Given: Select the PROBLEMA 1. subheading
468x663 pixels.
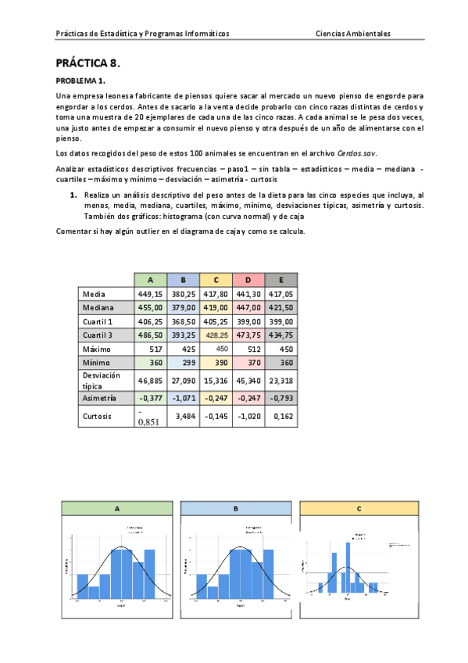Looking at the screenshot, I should tap(80, 81).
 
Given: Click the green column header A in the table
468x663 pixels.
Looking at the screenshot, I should tap(150, 279).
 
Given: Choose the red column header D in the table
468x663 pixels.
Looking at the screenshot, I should tap(247, 279).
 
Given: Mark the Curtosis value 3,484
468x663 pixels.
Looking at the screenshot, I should tap(184, 417).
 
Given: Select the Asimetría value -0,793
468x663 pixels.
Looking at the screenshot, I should tap(280, 398).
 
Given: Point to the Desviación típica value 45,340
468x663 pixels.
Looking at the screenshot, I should tap(247, 381).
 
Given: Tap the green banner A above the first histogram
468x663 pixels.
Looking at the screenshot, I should tap(117, 508).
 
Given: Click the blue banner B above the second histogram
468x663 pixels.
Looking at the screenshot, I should tap(235, 508).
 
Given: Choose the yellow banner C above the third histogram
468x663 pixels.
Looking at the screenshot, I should tap(358, 508).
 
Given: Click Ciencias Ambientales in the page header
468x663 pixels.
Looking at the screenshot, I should tap(353, 34).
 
